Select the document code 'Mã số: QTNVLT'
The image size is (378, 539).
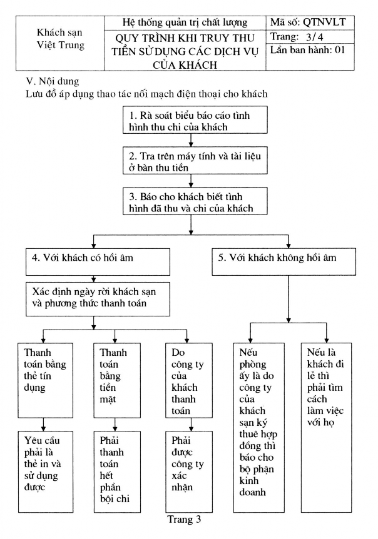tap(308, 23)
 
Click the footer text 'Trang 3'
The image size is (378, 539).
tap(183, 519)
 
